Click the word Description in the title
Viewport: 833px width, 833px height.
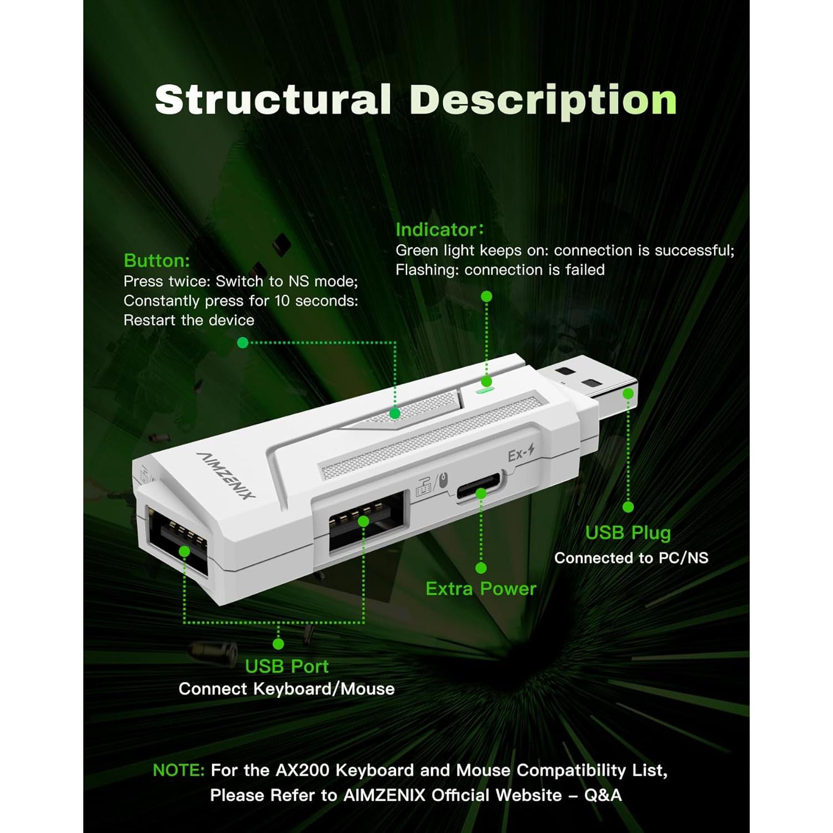pos(543,101)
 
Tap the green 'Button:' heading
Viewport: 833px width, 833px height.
pos(157,260)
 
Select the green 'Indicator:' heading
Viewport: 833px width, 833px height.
pos(439,229)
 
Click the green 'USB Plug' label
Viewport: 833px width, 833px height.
pos(628,533)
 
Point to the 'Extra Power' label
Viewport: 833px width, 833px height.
pos(481,589)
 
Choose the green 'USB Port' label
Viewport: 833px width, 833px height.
pos(287,666)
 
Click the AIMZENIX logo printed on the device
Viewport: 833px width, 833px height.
pos(226,475)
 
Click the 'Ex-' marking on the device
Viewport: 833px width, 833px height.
pos(520,454)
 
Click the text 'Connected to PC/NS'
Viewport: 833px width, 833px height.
pos(631,558)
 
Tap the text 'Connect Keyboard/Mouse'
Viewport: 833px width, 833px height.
pos(287,689)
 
